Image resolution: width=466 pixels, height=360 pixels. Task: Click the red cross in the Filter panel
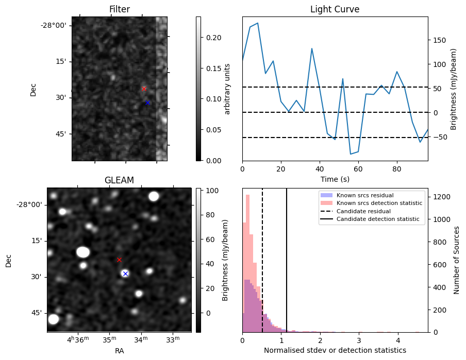coord(144,89)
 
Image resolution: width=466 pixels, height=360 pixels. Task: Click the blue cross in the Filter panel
coord(147,103)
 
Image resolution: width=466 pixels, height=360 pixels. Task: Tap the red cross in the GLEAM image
coord(119,260)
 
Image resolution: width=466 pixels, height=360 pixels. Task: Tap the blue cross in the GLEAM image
coord(125,273)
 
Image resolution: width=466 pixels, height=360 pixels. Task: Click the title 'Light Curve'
coord(335,9)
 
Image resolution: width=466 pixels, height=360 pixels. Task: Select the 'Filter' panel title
coord(119,9)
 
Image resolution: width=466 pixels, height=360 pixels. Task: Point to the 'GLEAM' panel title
coord(119,180)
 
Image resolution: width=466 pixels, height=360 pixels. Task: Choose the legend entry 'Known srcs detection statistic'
coord(379,203)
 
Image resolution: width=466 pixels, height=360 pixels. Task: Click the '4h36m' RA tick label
coord(77,339)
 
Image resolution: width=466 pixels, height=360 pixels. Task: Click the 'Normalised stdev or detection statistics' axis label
coord(335,350)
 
